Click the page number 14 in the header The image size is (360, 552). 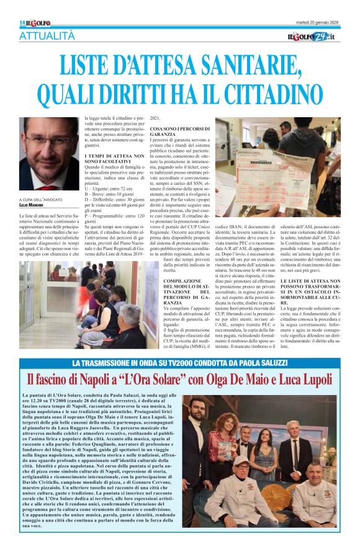(x=22, y=23)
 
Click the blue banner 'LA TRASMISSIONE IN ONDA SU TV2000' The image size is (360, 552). (x=179, y=363)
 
